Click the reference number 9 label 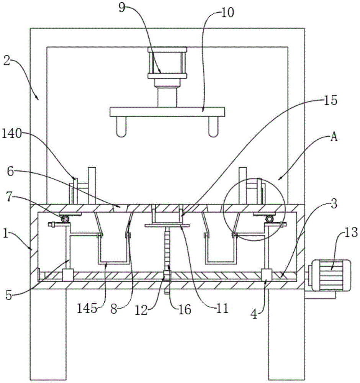[122, 8]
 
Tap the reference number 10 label [227, 13]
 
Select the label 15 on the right [331, 100]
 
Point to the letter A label [334, 137]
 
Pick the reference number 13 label [351, 232]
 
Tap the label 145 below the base [87, 309]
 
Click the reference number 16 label [185, 310]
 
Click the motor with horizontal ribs [330, 275]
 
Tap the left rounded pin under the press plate [121, 127]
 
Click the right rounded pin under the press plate [213, 127]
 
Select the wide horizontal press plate [167, 112]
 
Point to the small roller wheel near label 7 [65, 219]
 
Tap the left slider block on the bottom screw [68, 275]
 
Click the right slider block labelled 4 [267, 275]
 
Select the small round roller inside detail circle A [270, 219]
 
